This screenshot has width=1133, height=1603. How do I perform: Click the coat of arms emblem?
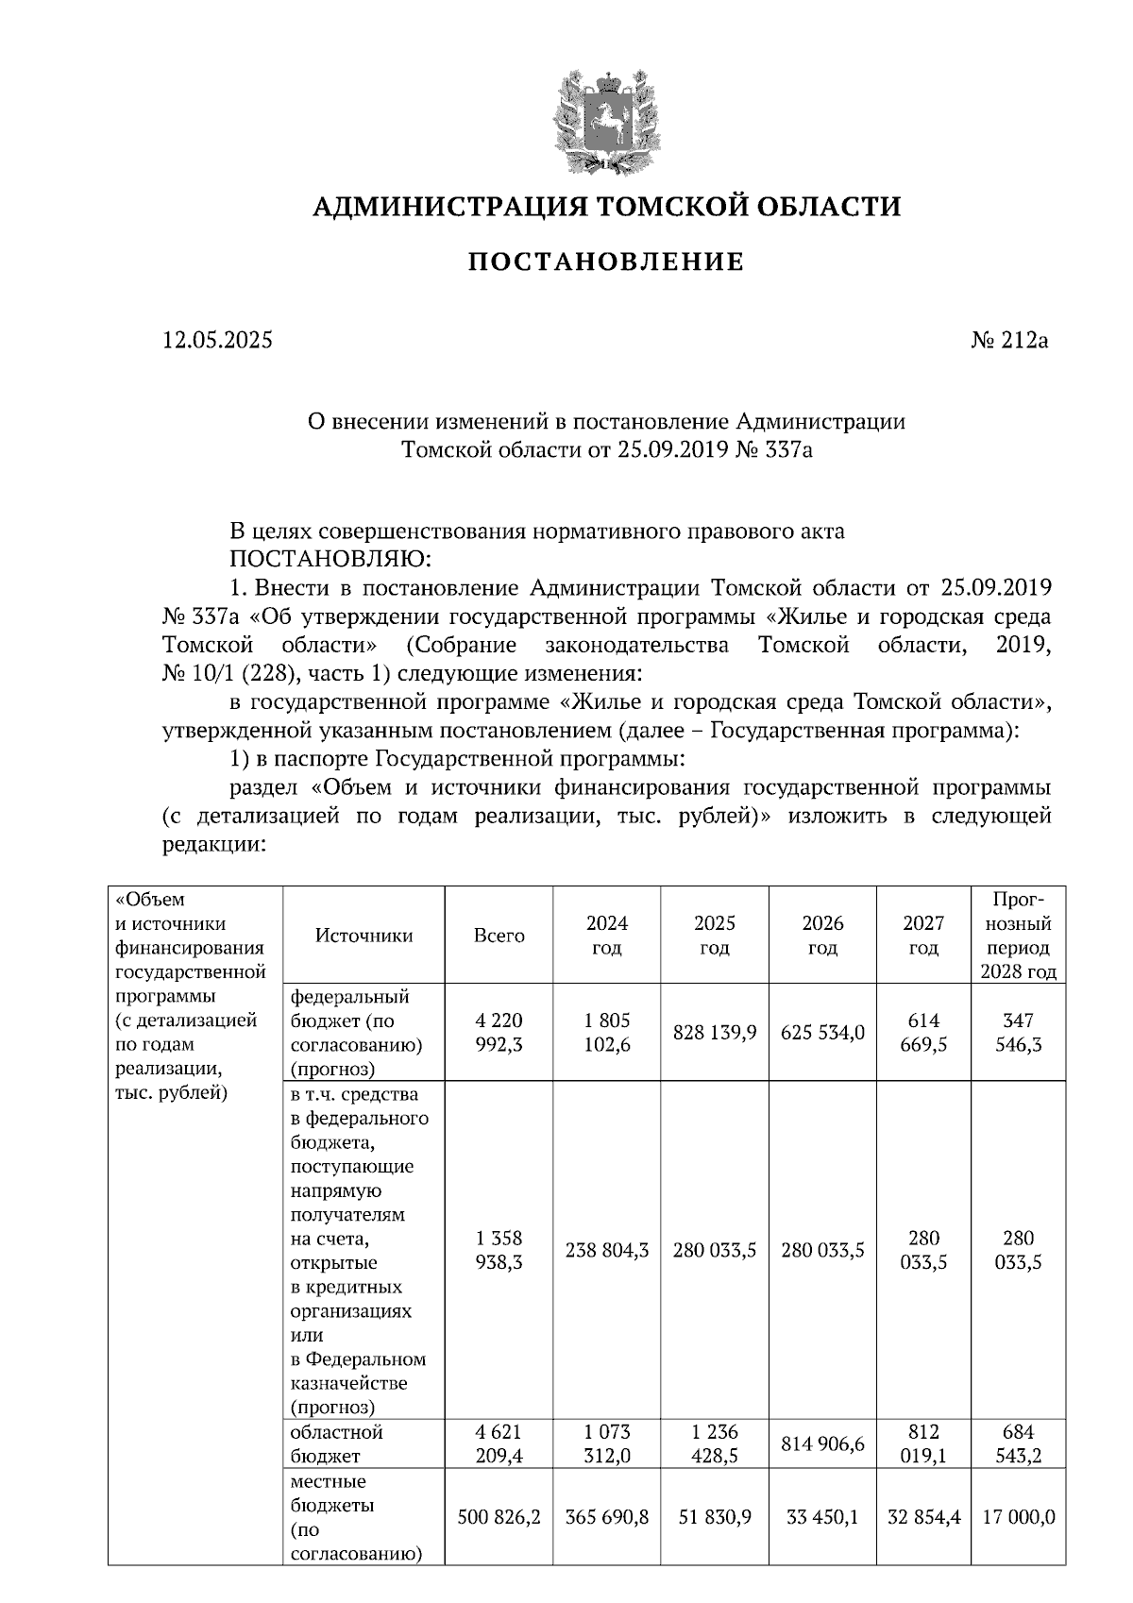604,121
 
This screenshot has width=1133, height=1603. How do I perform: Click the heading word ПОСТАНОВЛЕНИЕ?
606,262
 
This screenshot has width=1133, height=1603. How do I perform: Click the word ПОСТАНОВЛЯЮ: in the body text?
330,560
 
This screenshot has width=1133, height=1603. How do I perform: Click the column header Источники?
364,936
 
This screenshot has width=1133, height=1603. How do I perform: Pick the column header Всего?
499,936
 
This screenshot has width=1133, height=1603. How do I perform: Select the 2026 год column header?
822,936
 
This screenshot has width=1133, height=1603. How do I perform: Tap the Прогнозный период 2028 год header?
1018,936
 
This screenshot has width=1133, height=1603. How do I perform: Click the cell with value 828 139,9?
715,1033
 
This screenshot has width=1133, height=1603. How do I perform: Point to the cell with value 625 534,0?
822,1033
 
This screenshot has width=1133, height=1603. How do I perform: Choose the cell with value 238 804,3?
606,1251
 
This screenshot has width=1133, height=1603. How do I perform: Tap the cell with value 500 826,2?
499,1518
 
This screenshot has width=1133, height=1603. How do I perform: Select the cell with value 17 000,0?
1018,1518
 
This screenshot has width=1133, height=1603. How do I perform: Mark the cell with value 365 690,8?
606,1518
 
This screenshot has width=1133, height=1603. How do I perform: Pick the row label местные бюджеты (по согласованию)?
355,1518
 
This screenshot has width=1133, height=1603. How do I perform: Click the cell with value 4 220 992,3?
499,1033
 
